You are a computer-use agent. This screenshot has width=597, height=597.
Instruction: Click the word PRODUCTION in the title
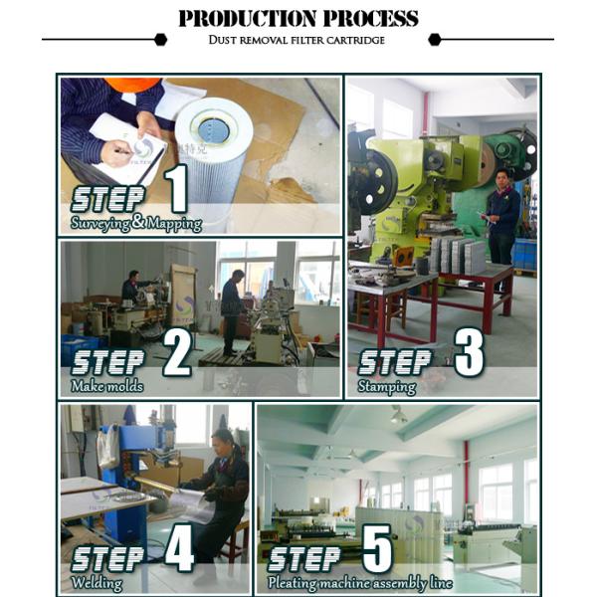click(248, 18)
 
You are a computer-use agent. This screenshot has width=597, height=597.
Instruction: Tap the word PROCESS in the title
click(371, 18)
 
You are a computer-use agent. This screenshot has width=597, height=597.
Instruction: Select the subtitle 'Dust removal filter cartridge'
click(297, 40)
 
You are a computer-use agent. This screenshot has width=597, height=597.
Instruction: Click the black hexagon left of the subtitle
click(161, 39)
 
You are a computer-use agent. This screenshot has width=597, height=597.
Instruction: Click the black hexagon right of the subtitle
click(435, 39)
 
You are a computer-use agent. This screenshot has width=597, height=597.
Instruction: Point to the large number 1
click(177, 188)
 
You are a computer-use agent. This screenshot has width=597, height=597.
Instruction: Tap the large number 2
click(177, 352)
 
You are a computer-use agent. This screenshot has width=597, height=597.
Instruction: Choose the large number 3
click(469, 352)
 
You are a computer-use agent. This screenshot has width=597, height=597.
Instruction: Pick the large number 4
click(179, 547)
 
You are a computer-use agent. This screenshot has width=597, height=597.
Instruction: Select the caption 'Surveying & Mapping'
click(136, 223)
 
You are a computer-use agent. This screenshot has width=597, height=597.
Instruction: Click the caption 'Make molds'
click(107, 386)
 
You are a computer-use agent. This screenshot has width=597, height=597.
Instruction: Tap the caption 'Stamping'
click(386, 387)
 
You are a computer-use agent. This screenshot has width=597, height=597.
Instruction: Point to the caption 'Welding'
click(97, 583)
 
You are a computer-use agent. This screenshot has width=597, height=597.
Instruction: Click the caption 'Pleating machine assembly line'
click(360, 583)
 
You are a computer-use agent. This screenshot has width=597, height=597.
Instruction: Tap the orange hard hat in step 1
click(132, 85)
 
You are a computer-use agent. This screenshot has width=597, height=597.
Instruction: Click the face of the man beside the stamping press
click(501, 177)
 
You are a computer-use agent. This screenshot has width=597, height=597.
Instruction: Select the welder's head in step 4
click(222, 440)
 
